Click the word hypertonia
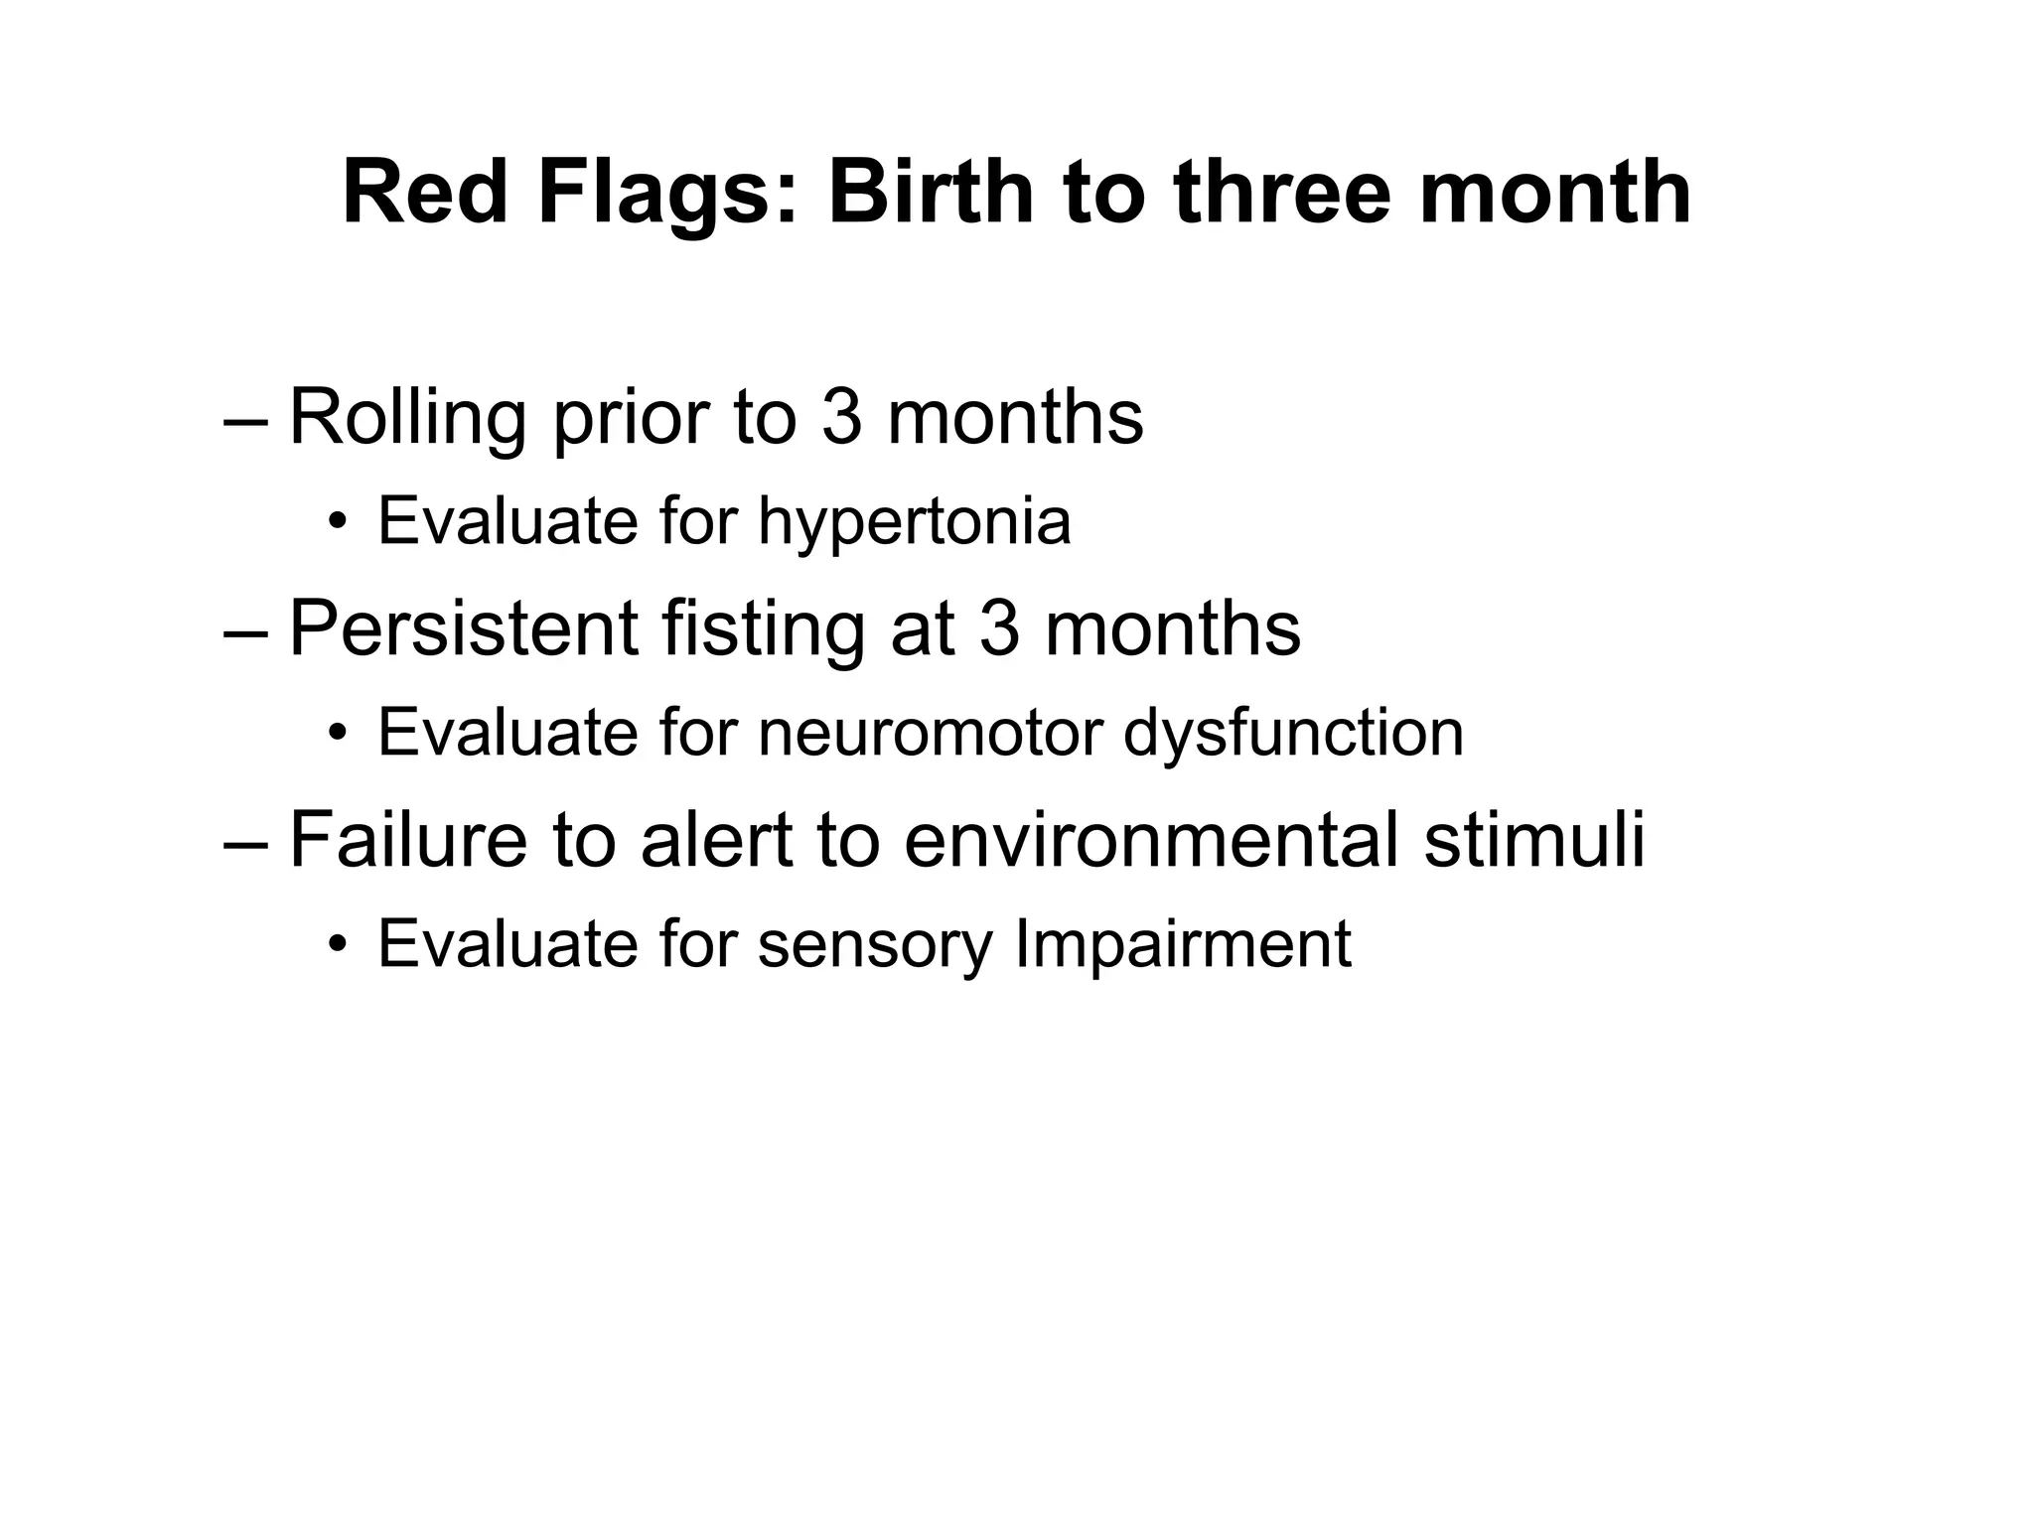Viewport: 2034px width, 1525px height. [x=915, y=522]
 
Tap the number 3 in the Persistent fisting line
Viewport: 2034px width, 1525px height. [x=999, y=629]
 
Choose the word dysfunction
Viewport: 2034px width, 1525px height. [x=1294, y=734]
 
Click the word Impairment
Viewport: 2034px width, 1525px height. [x=1183, y=943]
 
